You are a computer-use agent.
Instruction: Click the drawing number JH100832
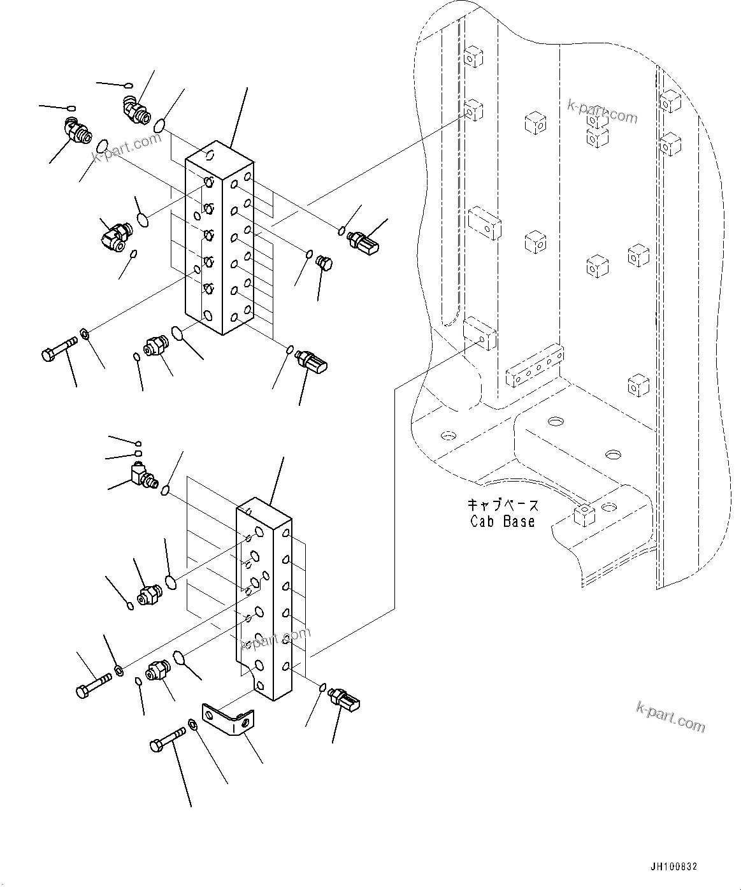click(x=673, y=867)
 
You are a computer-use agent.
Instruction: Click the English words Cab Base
click(x=503, y=521)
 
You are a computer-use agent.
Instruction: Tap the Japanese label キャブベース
click(x=503, y=505)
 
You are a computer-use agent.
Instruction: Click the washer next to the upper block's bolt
click(x=84, y=333)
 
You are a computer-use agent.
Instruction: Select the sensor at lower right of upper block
click(x=313, y=362)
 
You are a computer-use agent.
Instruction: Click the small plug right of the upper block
click(x=324, y=262)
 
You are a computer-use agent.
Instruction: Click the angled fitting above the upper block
click(x=134, y=108)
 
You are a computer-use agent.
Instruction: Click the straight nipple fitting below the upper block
click(x=155, y=347)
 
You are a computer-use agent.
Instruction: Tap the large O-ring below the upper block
click(x=178, y=334)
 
